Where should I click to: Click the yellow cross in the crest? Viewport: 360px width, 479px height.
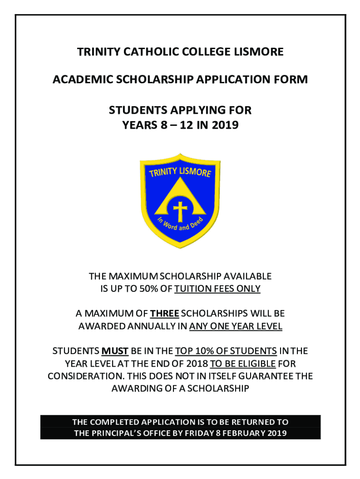180,210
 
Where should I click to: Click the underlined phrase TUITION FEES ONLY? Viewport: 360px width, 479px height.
217,289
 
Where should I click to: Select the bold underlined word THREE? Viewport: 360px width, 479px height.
165,313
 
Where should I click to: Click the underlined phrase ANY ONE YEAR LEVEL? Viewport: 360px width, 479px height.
236,326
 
